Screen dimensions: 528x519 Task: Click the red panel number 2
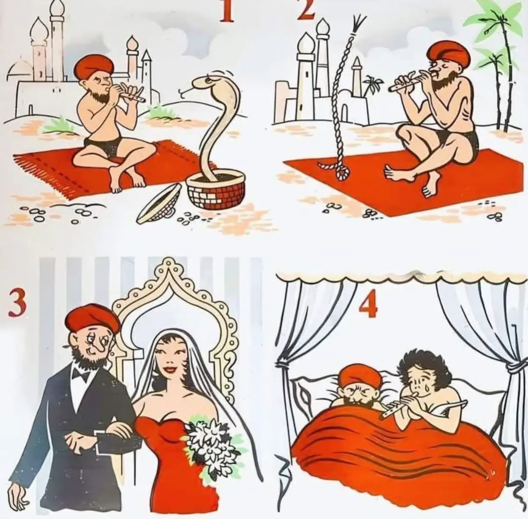[306, 10]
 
